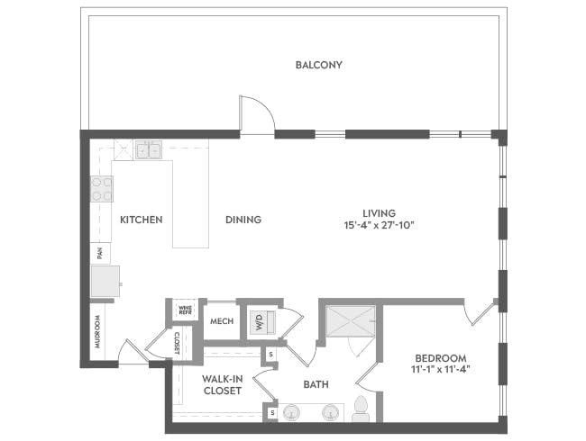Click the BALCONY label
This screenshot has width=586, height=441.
pyautogui.click(x=318, y=65)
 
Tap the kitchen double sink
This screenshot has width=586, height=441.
pyautogui.click(x=149, y=149)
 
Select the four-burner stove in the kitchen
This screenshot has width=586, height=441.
pyautogui.click(x=102, y=189)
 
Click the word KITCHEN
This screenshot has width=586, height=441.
pyautogui.click(x=142, y=220)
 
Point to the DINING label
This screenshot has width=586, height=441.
pyautogui.click(x=243, y=220)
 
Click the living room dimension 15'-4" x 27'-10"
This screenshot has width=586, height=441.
pyautogui.click(x=380, y=225)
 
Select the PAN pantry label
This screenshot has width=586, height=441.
pyautogui.click(x=100, y=254)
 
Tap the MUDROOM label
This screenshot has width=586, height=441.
pyautogui.click(x=97, y=332)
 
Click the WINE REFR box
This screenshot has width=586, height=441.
pyautogui.click(x=186, y=310)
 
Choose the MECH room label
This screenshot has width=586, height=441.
pyautogui.click(x=222, y=321)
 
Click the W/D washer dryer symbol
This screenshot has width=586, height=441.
pyautogui.click(x=261, y=322)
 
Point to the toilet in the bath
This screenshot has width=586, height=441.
pyautogui.click(x=361, y=409)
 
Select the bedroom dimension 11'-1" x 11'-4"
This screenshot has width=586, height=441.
pyautogui.click(x=441, y=369)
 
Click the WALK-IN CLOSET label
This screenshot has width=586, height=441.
pyautogui.click(x=223, y=385)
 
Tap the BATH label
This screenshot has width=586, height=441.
pyautogui.click(x=316, y=384)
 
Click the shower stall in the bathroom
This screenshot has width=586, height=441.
pyautogui.click(x=351, y=321)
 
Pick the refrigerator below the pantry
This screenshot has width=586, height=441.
pyautogui.click(x=105, y=281)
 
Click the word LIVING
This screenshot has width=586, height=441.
pyautogui.click(x=379, y=213)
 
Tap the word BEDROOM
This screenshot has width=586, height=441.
pyautogui.click(x=441, y=358)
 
